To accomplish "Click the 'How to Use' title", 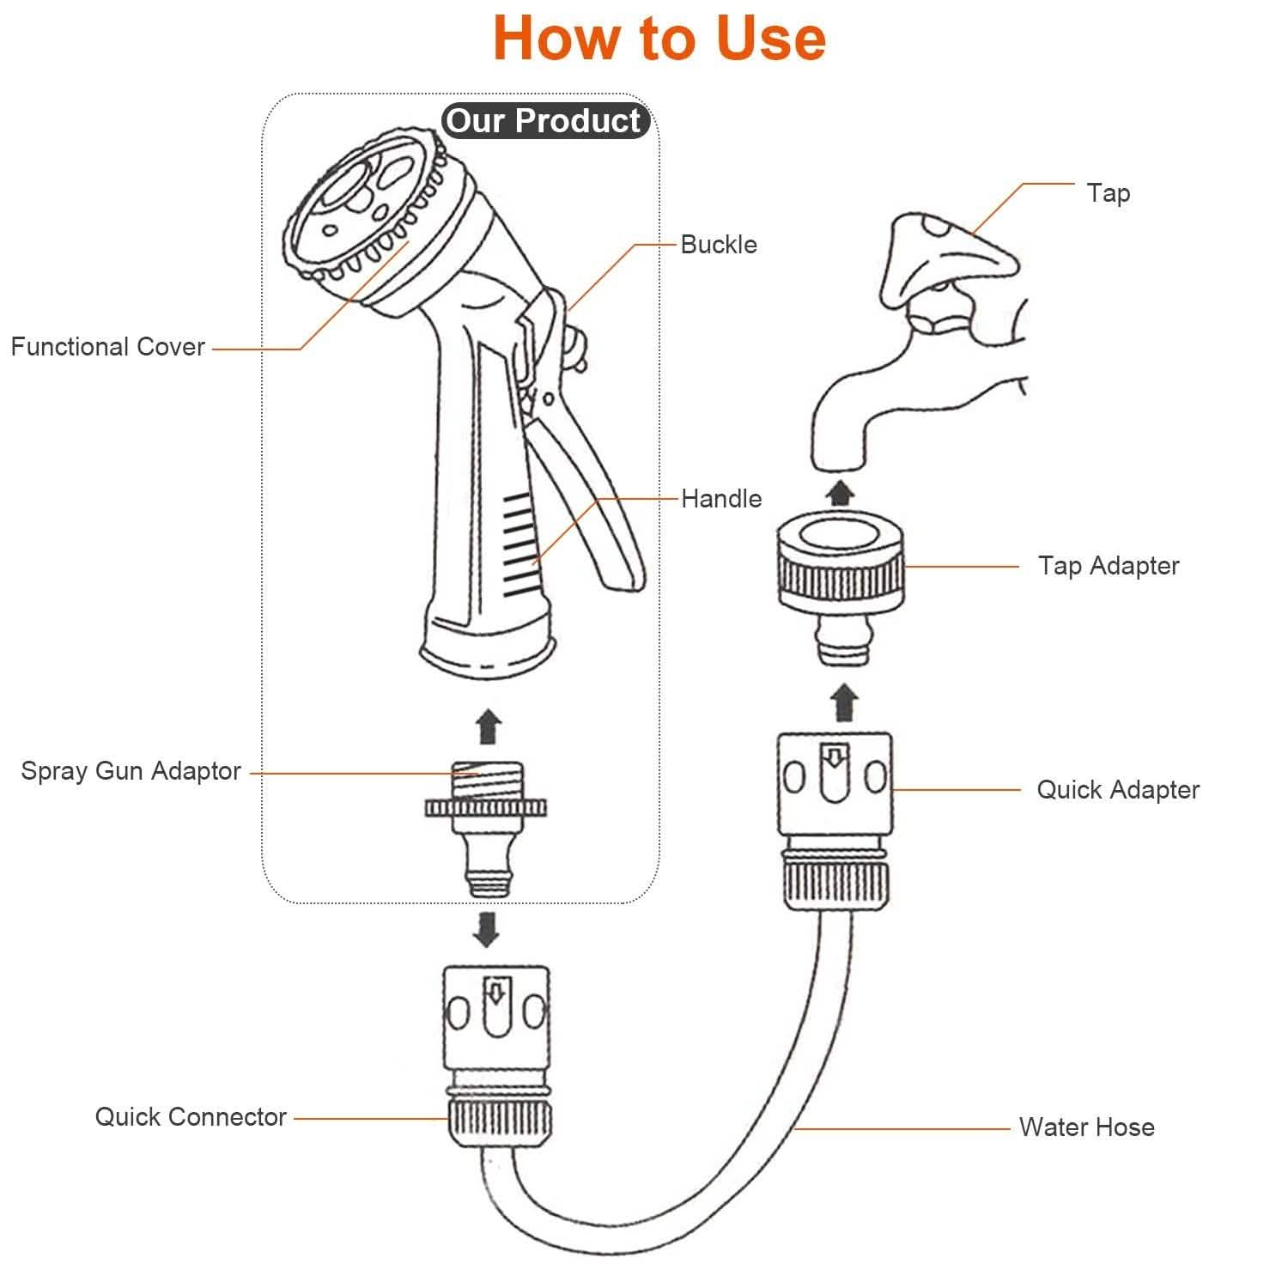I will click(x=659, y=39).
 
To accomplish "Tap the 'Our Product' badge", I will click(x=544, y=121).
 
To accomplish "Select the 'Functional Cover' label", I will click(x=108, y=347).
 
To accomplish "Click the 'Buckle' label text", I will click(x=719, y=245).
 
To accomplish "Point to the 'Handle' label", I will click(x=721, y=499).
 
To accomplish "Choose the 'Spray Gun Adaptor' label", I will click(x=131, y=771).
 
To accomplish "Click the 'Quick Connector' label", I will click(x=191, y=1117).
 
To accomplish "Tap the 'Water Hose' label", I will click(x=1086, y=1127).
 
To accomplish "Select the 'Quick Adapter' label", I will click(x=1117, y=790).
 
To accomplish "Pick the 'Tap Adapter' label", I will click(x=1108, y=566).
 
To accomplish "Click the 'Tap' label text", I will click(x=1108, y=193).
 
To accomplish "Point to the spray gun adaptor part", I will click(x=486, y=824).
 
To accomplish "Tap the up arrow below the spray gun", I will click(x=489, y=726).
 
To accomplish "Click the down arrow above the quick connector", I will click(x=487, y=929).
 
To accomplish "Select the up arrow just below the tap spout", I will click(x=841, y=493).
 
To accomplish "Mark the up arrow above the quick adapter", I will click(x=845, y=702).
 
